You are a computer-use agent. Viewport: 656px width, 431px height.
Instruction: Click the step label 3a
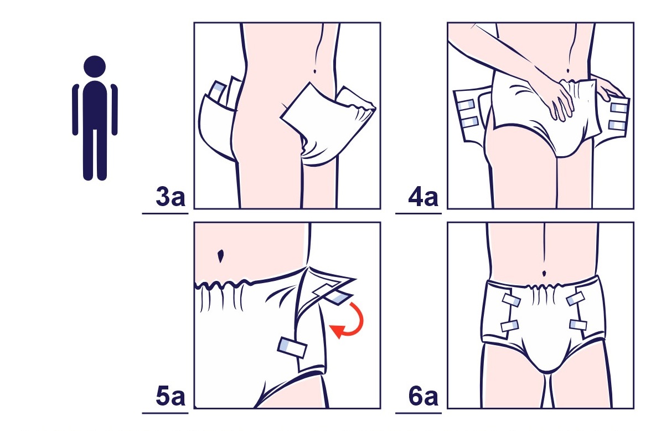pos(171,197)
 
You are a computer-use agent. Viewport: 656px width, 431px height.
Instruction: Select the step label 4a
pos(423,197)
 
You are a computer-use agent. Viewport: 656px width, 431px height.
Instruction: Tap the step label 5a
pos(171,396)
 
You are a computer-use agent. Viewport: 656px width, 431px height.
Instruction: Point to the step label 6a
pos(423,396)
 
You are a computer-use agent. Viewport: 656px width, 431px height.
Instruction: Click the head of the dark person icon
pos(95,66)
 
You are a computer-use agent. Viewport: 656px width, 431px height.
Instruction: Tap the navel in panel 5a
pos(221,255)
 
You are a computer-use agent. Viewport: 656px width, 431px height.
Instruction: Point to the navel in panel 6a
pos(544,274)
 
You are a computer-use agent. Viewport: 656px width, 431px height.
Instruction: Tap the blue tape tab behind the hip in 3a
pos(217,89)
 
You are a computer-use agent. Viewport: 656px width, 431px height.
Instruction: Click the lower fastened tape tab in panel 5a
pos(292,347)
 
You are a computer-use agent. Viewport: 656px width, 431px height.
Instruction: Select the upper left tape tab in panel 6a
pos(512,300)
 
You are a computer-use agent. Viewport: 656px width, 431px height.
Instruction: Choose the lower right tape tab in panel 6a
pos(578,325)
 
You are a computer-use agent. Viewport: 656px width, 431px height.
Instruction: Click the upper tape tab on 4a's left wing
pos(466,105)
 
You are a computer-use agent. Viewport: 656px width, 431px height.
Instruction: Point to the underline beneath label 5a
pos(166,413)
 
